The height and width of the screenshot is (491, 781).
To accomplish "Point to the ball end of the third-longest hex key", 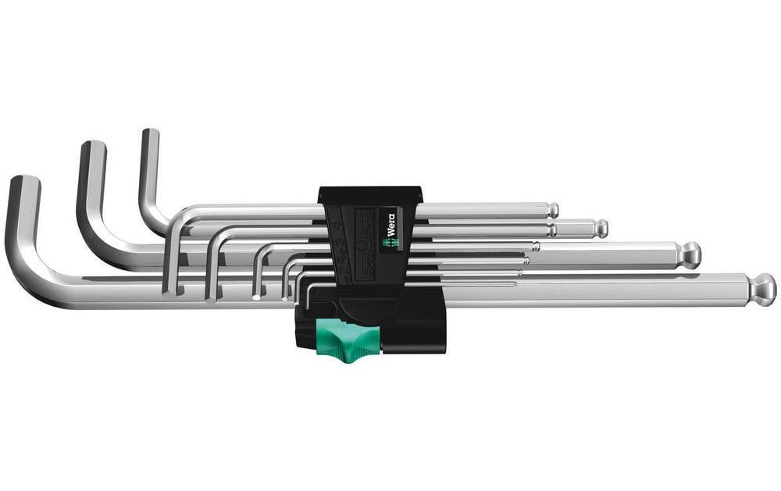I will tap(599, 229).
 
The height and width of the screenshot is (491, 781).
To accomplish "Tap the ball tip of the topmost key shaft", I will tap(552, 210).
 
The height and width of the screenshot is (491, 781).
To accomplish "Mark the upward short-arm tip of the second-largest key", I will tap(93, 148).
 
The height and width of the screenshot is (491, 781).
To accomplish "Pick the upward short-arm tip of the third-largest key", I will tap(150, 134).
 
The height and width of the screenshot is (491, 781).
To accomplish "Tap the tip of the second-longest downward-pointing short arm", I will tap(210, 296).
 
